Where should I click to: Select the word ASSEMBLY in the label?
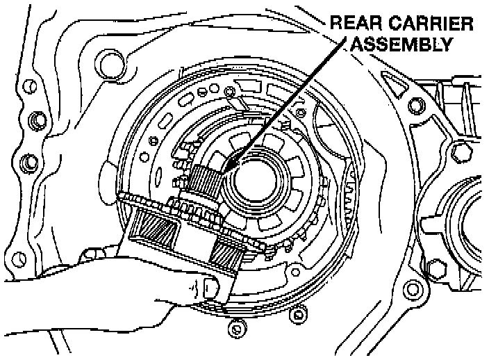pyautogui.click(x=401, y=45)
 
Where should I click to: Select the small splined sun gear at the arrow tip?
pyautogui.click(x=206, y=180)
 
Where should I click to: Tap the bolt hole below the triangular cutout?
pyautogui.click(x=415, y=106)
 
